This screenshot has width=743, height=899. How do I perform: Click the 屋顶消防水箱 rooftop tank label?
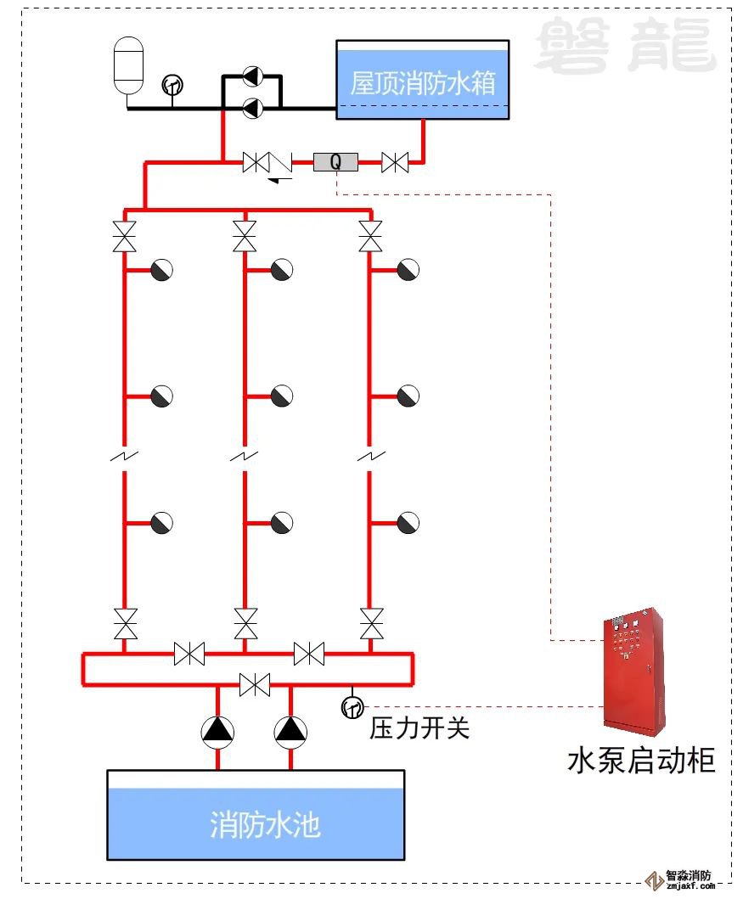click(422, 83)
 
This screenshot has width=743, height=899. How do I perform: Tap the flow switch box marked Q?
click(335, 161)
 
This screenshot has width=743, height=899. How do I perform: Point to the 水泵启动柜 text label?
click(641, 760)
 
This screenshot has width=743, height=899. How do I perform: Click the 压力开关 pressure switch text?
click(419, 728)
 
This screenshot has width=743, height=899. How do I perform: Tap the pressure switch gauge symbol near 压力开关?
click(352, 706)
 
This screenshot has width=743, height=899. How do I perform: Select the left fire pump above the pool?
click(218, 731)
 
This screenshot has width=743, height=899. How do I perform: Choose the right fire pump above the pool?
click(291, 731)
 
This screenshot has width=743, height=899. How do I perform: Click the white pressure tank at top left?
click(129, 65)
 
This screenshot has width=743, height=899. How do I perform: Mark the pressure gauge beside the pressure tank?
click(172, 84)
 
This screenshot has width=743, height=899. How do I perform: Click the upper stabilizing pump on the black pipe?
click(252, 76)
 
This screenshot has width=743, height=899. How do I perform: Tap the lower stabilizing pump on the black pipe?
click(252, 108)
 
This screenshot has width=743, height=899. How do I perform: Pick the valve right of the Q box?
click(395, 162)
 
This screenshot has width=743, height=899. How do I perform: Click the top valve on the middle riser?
click(245, 235)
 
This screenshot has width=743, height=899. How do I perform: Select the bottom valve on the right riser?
click(370, 624)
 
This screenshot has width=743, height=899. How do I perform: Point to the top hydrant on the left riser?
click(161, 270)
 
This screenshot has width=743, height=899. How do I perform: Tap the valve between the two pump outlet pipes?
click(255, 683)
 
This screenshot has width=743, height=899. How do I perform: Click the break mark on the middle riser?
click(245, 457)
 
